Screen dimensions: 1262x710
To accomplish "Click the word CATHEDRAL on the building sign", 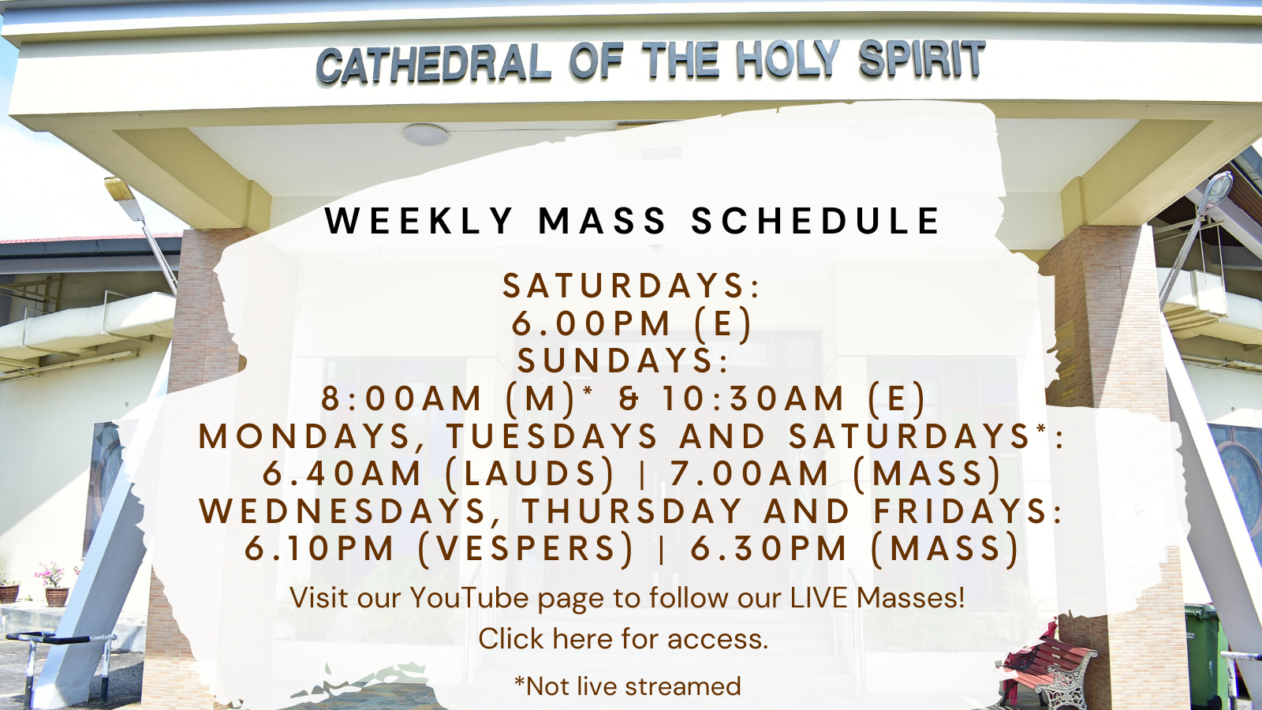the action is (434, 63).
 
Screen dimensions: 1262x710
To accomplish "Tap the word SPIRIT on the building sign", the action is (922, 58).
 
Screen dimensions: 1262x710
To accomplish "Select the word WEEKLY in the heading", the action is (420, 220).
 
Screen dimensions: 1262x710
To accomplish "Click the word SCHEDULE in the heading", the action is (816, 220).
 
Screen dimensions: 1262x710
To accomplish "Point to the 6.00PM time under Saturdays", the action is (591, 323).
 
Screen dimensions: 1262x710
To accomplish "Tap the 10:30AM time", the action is (753, 398).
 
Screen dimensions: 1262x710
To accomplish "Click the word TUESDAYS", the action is (552, 436).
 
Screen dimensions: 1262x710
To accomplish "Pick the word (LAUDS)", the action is (529, 473).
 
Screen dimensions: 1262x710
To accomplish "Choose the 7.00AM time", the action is (749, 473).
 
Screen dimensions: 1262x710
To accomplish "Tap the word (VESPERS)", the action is (526, 548).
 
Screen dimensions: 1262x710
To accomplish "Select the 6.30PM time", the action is (769, 548).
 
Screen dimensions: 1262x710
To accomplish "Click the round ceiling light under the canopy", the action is (425, 135).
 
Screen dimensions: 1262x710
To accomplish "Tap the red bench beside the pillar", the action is (1047, 667).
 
